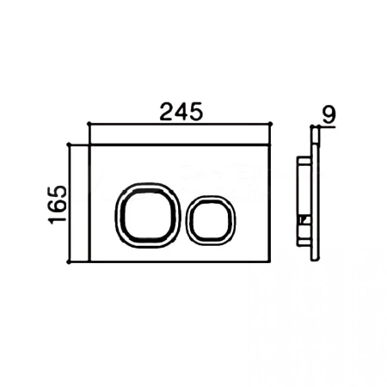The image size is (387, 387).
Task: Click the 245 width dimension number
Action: point(181,112)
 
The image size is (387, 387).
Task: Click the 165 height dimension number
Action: point(58,205)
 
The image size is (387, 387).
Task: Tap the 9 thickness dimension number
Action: point(329,115)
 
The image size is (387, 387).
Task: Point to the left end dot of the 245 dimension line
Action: point(89,124)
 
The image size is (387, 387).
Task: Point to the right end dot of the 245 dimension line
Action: point(271,124)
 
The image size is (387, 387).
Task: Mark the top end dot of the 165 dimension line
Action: point(69,144)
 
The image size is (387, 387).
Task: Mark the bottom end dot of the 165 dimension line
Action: point(69,261)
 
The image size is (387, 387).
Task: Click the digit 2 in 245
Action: point(166,112)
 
